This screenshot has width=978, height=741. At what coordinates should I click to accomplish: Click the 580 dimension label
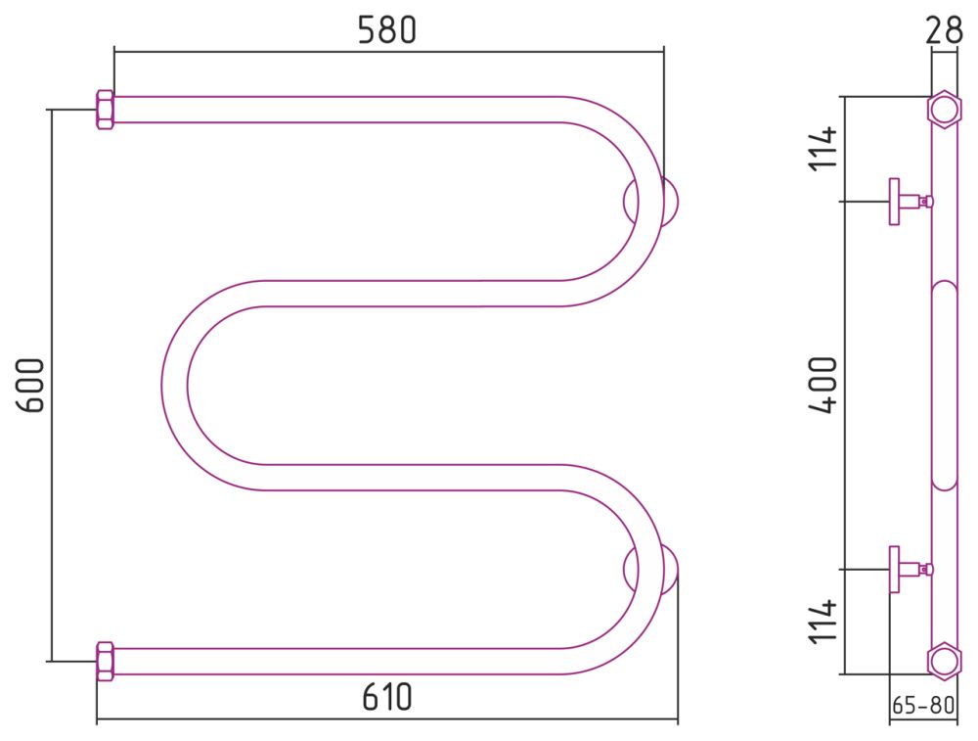386,29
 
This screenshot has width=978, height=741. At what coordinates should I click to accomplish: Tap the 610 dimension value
386,697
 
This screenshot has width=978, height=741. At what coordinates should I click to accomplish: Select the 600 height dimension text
30,385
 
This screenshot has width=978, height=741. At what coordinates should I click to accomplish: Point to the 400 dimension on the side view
822,385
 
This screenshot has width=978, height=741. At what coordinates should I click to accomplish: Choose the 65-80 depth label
923,705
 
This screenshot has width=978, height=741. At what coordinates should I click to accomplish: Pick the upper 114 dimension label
822,148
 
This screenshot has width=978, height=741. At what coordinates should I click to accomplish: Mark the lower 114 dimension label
822,622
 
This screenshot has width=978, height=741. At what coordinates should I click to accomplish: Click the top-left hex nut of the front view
105,110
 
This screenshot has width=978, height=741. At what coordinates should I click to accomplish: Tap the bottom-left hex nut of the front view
105,661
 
